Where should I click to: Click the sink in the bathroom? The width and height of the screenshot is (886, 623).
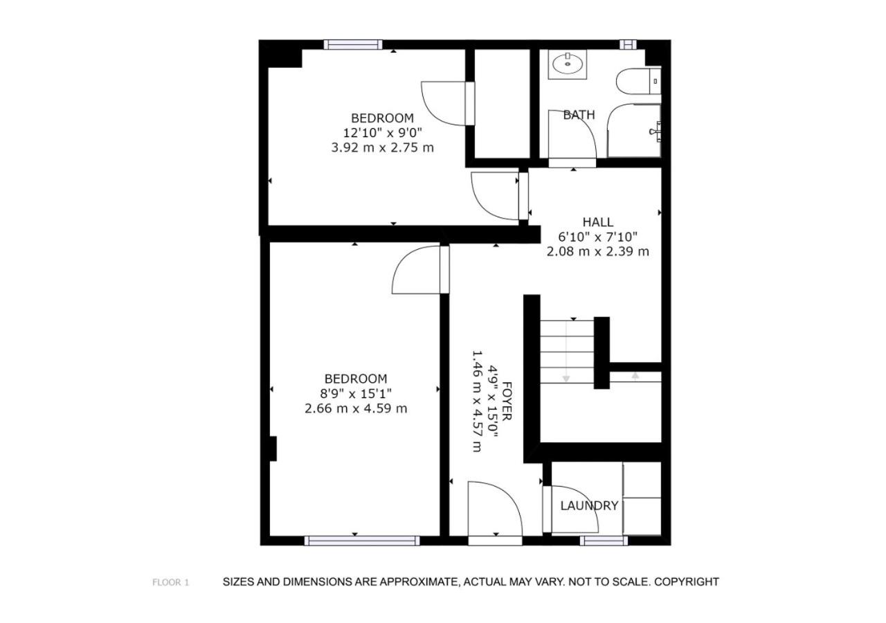(x=567, y=64)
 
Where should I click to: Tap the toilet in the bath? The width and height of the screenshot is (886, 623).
(x=638, y=81)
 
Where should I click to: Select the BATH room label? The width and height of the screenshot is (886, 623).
(x=579, y=115)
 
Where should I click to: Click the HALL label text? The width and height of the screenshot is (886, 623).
(x=597, y=222)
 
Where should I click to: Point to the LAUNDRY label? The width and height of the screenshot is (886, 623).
(x=589, y=505)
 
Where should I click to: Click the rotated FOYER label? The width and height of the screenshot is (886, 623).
(x=507, y=401)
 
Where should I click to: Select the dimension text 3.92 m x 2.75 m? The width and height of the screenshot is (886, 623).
(x=382, y=148)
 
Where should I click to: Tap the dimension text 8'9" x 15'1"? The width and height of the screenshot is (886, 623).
(x=356, y=394)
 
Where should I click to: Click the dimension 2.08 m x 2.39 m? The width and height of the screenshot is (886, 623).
(x=597, y=251)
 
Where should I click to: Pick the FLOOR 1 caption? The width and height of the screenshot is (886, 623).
(x=170, y=582)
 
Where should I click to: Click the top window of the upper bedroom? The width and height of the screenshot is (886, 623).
(x=353, y=44)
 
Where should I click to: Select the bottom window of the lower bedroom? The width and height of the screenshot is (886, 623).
(x=362, y=541)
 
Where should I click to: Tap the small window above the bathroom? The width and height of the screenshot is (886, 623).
(x=628, y=44)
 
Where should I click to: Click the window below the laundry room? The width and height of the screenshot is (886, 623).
(x=604, y=541)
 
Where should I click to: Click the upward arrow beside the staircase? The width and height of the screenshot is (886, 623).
(x=635, y=376)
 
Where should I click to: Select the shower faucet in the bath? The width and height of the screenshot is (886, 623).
(x=656, y=132)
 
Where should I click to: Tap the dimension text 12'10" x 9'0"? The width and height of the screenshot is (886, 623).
(x=382, y=132)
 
